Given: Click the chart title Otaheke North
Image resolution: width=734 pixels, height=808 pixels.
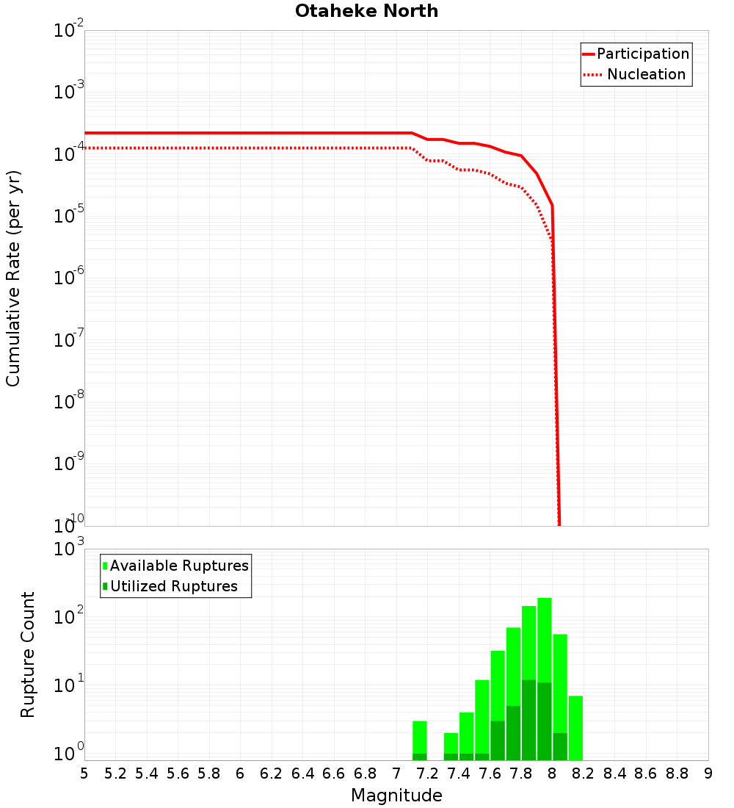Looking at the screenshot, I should tap(366, 12).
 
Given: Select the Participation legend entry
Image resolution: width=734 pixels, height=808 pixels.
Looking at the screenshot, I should tap(636, 54).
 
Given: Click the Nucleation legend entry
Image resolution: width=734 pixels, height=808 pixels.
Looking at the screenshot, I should tap(636, 75).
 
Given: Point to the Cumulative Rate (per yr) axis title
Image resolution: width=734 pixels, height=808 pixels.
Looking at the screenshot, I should tap(14, 278).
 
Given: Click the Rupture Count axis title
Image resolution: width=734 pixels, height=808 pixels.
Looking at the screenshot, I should tap(28, 654).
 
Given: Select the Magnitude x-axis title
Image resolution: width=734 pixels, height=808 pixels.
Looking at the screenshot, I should tap(396, 796).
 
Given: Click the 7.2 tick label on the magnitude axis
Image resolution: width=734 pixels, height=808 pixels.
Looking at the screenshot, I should tap(427, 773).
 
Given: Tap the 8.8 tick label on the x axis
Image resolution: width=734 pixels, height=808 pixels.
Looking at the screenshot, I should tap(677, 773).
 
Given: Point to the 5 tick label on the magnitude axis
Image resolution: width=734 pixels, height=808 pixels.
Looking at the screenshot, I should tap(84, 773).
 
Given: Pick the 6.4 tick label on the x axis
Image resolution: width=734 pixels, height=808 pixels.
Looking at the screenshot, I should tap(302, 773).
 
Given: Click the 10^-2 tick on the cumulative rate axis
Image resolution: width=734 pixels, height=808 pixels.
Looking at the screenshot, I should tap(69, 31).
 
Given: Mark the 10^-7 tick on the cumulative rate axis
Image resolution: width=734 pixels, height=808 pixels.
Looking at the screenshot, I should tap(69, 340).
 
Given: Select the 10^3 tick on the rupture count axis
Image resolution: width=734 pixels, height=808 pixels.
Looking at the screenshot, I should tap(69, 549).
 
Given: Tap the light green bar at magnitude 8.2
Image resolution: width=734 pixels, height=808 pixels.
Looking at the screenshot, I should tap(575, 727).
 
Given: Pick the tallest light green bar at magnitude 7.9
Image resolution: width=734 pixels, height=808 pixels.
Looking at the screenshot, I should tap(544, 639).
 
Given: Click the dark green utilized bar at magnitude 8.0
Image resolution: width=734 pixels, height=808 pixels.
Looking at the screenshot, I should tap(560, 746).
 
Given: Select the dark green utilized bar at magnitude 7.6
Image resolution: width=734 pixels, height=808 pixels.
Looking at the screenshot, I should tap(498, 740).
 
